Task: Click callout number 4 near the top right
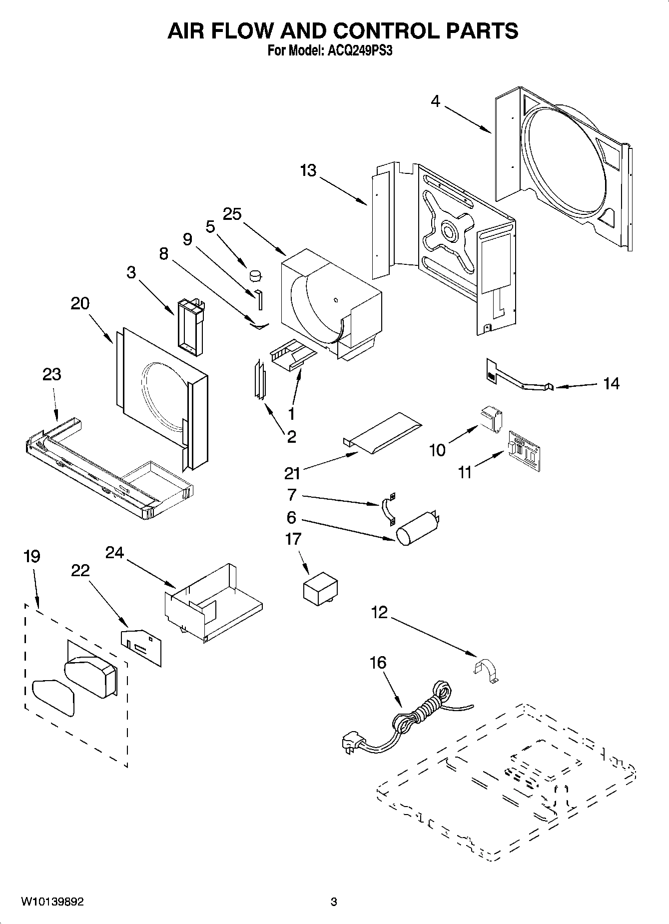click(435, 101)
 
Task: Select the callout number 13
click(308, 171)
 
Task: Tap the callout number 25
click(232, 214)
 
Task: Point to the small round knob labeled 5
click(255, 274)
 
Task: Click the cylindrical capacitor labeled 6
click(416, 529)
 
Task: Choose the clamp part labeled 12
click(486, 670)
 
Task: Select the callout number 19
click(32, 557)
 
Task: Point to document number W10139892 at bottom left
click(52, 902)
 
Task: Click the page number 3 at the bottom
click(334, 902)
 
